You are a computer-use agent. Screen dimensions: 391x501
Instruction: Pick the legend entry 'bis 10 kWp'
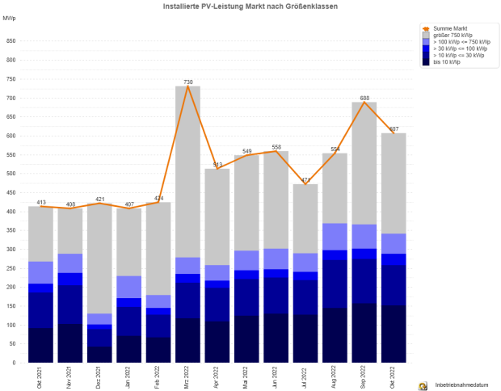[447, 62]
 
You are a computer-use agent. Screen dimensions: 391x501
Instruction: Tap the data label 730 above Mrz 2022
[188, 82]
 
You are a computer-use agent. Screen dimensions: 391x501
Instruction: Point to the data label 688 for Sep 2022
[364, 98]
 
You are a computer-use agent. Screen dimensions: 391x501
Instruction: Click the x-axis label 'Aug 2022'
[335, 376]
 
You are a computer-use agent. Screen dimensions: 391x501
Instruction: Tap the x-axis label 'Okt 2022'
[394, 376]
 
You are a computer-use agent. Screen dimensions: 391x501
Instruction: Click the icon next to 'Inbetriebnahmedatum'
[423, 386]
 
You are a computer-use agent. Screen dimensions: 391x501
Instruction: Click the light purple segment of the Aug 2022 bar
[335, 236]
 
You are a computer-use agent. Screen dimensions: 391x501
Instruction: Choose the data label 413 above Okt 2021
[41, 202]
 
